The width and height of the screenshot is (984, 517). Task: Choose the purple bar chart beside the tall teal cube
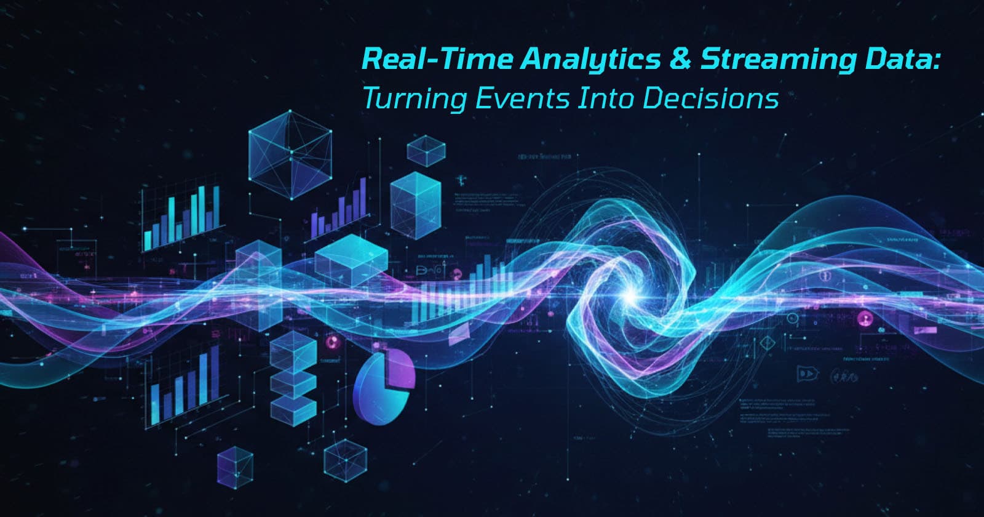(x=340, y=206)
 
